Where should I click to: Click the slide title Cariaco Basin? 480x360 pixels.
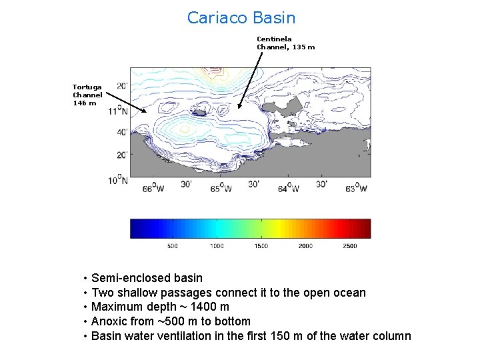[x=241, y=18]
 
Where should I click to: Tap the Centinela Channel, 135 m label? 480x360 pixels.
[x=285, y=43]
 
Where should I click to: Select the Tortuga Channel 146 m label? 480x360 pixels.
[x=87, y=95]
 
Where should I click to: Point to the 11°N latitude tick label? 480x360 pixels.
[x=117, y=111]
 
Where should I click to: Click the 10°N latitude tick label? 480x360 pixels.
[x=117, y=180]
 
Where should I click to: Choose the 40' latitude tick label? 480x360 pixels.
[x=121, y=132]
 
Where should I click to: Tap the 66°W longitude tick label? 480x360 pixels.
[x=153, y=188]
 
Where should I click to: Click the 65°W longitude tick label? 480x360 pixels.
[x=221, y=188]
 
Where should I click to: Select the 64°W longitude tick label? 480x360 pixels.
[x=288, y=188]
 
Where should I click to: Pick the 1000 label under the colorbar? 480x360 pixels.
[x=217, y=246]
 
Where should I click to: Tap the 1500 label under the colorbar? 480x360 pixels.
[x=261, y=246]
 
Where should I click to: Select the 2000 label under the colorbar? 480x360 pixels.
[x=305, y=246]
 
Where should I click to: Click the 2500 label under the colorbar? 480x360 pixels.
[x=349, y=246]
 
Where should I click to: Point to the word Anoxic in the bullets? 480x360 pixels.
[x=109, y=321]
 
